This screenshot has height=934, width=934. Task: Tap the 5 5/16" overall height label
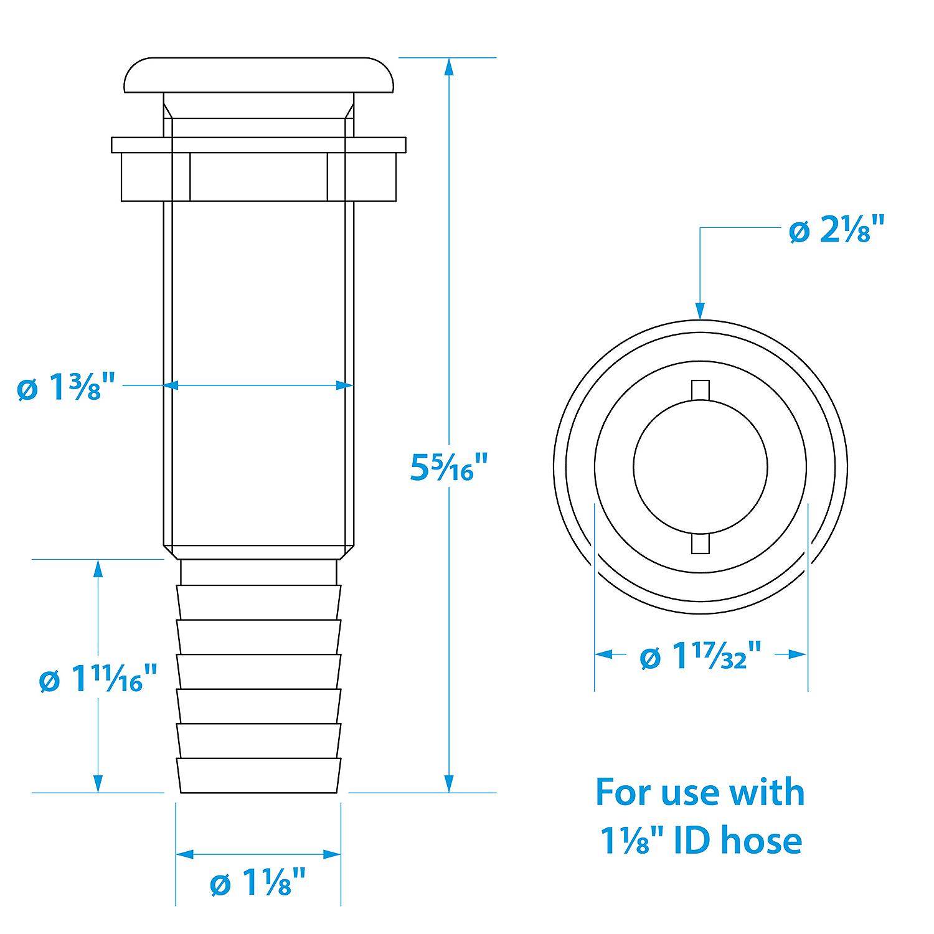point(448,467)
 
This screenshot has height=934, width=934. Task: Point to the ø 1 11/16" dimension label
point(98,679)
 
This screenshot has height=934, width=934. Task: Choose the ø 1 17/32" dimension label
point(701,656)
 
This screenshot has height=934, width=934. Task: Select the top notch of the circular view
point(700,389)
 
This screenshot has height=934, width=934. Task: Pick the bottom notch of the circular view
point(700,543)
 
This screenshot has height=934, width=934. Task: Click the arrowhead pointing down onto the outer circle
point(700,311)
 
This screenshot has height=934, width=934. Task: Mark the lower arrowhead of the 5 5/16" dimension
point(448,784)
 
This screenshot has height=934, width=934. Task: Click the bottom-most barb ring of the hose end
point(259,775)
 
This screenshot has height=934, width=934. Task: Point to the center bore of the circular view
point(700,466)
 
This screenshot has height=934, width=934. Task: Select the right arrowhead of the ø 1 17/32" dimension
point(800,654)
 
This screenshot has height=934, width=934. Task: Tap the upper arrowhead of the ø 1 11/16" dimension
point(98,568)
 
